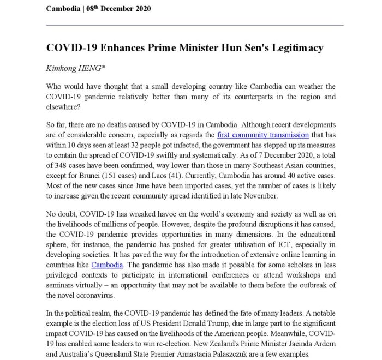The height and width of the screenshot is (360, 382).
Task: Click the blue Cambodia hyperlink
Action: (x=107, y=265)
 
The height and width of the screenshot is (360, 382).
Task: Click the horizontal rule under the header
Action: (x=195, y=25)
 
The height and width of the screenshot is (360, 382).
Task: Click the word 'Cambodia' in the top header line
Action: (x=62, y=8)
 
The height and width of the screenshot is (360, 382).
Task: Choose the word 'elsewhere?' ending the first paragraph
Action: (x=63, y=106)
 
